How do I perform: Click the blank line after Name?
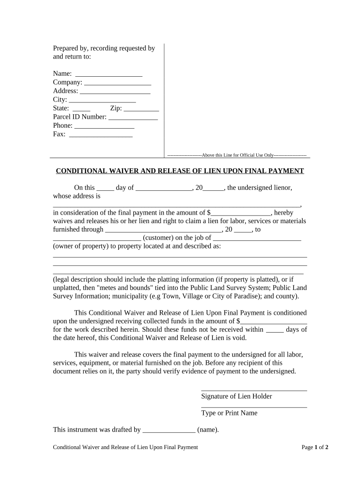point(108,75)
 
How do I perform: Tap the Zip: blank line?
point(142,109)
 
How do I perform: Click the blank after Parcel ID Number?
point(133,118)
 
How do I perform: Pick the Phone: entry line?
point(104,127)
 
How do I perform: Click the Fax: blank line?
point(101,136)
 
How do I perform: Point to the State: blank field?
point(81,109)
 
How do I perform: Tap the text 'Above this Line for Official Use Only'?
point(237,155)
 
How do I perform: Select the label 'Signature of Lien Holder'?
point(237,396)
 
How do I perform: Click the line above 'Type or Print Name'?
point(254,407)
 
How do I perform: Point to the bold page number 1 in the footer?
point(317,447)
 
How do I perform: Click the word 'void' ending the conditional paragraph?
point(238,338)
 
